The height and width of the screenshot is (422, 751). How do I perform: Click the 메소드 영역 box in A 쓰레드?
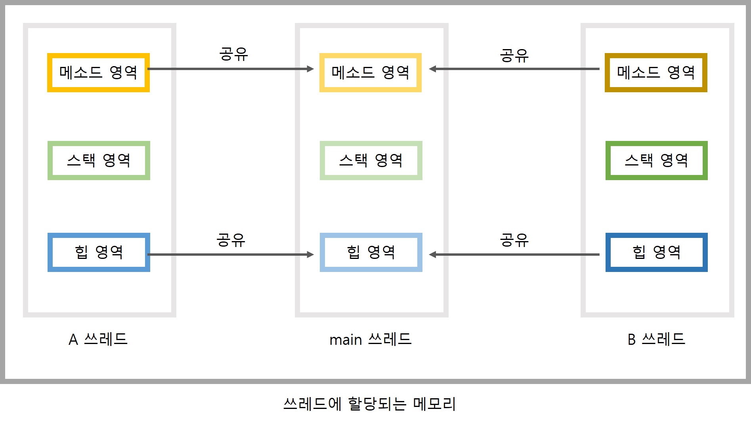98,72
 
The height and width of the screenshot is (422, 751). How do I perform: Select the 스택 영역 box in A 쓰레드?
99,160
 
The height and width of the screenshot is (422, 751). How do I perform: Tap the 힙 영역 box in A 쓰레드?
99,252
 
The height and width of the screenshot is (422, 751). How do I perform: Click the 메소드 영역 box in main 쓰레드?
371,72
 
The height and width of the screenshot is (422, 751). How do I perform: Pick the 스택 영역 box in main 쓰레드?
371,160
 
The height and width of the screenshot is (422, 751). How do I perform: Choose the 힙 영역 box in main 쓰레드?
371,252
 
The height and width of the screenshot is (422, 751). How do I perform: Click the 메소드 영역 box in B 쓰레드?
656,72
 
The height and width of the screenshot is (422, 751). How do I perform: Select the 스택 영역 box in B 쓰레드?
656,160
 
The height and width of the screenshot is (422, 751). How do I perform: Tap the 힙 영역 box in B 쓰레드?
656,252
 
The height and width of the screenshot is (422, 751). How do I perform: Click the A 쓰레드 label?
98,339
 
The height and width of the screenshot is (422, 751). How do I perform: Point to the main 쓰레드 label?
371,339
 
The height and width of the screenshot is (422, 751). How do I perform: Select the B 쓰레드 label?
656,339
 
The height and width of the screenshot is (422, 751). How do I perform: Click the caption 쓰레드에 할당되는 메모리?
370,404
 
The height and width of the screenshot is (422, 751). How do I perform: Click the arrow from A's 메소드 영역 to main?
230,69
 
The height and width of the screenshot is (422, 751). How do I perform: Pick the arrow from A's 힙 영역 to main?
230,255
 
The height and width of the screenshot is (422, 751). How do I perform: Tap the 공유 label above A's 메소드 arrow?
233,54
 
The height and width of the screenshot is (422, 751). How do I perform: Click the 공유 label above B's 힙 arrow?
514,240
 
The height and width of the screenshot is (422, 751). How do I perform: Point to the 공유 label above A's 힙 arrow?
231,240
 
